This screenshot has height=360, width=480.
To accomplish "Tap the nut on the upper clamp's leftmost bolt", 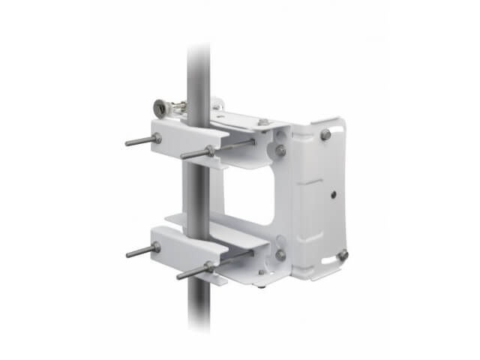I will pos(157,137).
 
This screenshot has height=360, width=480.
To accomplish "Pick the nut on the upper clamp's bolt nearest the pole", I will pos(211,151).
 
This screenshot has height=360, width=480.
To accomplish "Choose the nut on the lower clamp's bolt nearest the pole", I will pos(209,264).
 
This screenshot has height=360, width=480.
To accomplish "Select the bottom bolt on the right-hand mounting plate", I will pos(342,256).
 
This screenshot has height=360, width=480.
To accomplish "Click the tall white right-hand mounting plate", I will pos(319,199).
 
